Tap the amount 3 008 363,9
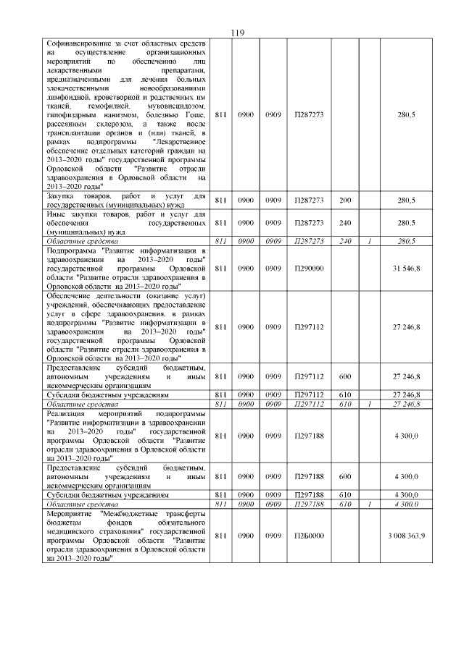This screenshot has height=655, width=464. point(406,536)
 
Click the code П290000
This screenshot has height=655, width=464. point(309,269)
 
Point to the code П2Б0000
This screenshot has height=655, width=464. point(309,536)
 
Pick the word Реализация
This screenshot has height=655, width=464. point(67,413)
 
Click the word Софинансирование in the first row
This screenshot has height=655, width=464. point(80,44)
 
